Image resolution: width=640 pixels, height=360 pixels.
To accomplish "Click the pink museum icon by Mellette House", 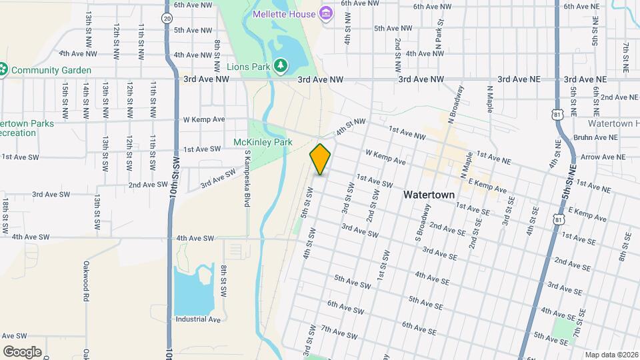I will pyautogui.click(x=325, y=13).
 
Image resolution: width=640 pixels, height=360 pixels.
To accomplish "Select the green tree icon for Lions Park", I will pyautogui.click(x=281, y=65).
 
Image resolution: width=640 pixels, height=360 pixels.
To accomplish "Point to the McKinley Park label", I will pyautogui.click(x=263, y=142).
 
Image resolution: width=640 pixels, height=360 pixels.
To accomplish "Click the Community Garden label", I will pyautogui.click(x=51, y=69).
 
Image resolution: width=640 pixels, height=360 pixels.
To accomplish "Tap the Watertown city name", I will pyautogui.click(x=429, y=195).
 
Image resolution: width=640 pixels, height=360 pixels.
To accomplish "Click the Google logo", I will pyautogui.click(x=22, y=351).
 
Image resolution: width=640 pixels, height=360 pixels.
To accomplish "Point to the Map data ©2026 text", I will pyautogui.click(x=611, y=355).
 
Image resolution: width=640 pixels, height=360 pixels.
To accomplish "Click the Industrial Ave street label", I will pyautogui.click(x=198, y=319).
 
